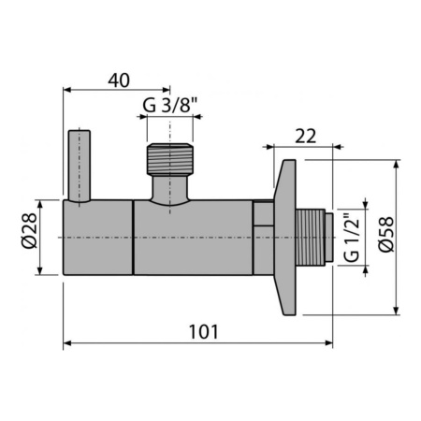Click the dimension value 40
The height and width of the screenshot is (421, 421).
point(118,80)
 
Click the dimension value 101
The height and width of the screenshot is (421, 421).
point(204,331)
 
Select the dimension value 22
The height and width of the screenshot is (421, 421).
point(305,136)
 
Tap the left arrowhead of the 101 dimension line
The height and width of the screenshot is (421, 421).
point(68,343)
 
